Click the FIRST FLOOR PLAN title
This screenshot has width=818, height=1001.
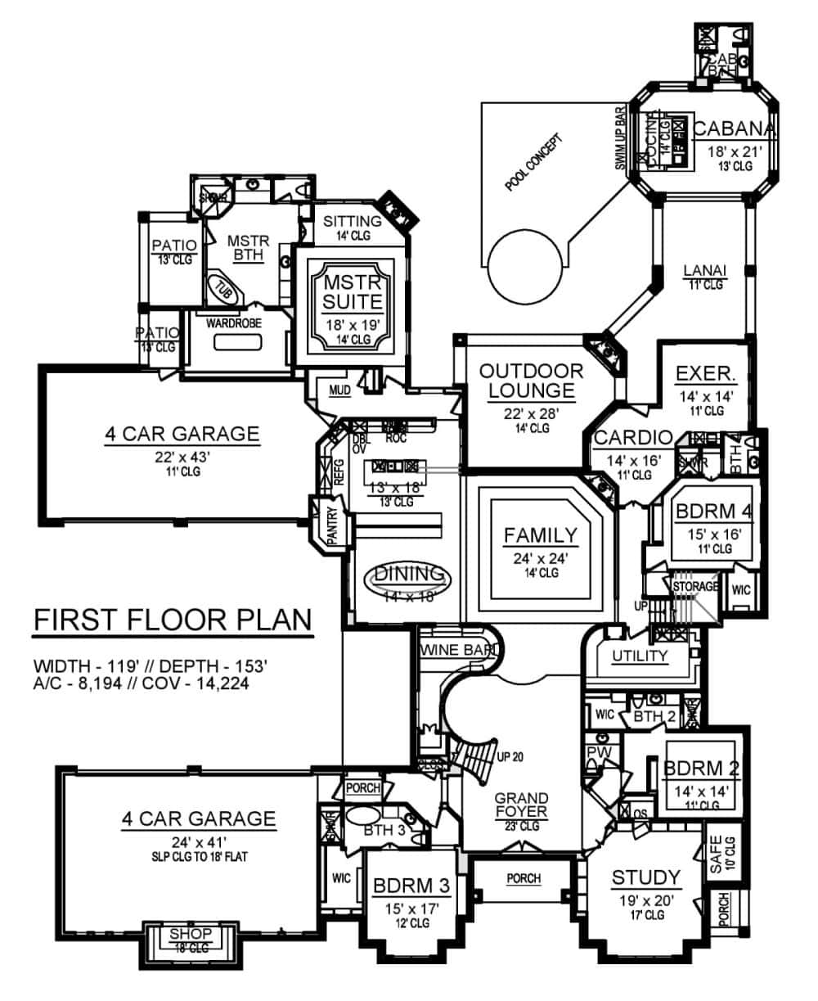(x=173, y=620)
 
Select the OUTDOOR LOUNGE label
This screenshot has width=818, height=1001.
(x=532, y=381)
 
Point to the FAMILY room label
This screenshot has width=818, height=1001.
(x=540, y=535)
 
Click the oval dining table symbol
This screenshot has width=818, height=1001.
(x=407, y=577)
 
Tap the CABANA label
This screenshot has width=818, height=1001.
(x=734, y=128)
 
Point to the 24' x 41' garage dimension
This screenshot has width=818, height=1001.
(x=198, y=841)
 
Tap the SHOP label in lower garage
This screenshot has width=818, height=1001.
(x=191, y=934)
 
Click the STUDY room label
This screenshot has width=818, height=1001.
(x=646, y=878)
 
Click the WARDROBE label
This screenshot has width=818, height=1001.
(x=234, y=323)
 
